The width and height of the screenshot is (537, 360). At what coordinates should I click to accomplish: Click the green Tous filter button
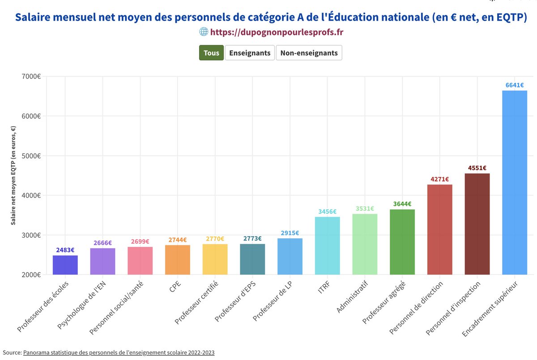point(211,53)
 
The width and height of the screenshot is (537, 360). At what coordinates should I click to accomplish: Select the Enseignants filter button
point(250,53)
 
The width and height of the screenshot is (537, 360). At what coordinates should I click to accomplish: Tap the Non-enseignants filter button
point(309,53)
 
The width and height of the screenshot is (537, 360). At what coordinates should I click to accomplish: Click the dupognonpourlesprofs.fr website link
point(277,32)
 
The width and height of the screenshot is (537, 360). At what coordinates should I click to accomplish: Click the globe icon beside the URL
point(204,32)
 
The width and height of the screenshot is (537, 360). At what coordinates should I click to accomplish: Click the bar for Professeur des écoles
point(65,265)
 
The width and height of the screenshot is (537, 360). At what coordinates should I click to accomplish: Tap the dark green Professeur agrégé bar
point(402,242)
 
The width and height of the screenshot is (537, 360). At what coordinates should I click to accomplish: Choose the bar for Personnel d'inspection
point(477,224)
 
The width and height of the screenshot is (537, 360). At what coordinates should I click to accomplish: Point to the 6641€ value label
point(515,85)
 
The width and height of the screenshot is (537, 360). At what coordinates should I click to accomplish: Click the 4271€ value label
point(439,179)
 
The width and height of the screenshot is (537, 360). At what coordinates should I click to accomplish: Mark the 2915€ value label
point(290,233)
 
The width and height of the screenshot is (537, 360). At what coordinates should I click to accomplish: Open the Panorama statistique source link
point(119,353)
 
